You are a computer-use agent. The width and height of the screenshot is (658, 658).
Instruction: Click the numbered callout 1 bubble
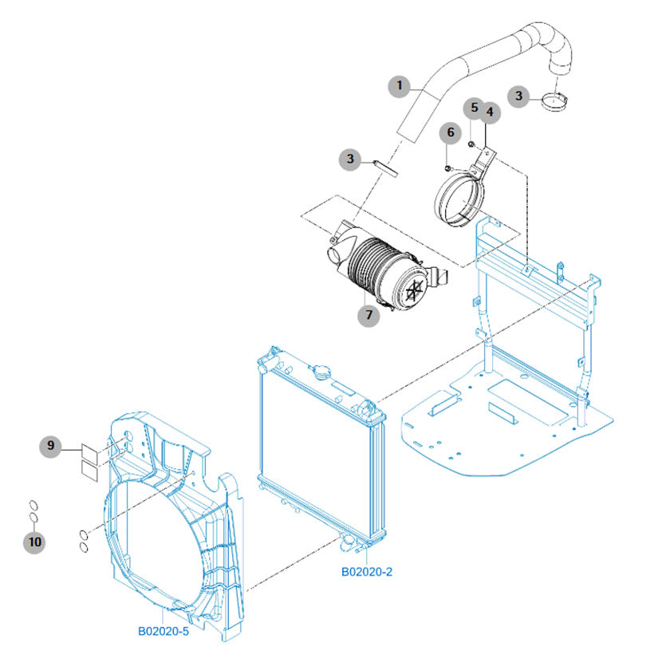click(x=400, y=86)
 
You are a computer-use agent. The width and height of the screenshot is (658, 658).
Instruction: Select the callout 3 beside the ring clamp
click(x=519, y=96)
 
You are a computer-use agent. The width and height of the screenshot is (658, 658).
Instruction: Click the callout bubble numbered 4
click(x=489, y=113)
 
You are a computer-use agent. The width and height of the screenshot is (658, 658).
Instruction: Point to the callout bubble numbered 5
click(x=473, y=107)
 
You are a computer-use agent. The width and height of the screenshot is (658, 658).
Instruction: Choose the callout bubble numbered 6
click(x=449, y=132)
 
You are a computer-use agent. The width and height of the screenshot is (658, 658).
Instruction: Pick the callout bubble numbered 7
click(x=368, y=314)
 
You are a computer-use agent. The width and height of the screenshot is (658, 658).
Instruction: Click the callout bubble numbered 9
click(x=51, y=446)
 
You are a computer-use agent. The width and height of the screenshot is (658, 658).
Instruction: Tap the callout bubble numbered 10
click(x=33, y=542)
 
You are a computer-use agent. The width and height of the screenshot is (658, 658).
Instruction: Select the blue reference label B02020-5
click(x=163, y=631)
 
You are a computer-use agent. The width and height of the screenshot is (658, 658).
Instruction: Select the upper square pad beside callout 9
click(x=89, y=452)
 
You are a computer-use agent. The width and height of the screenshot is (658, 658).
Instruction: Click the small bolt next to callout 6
click(x=449, y=167)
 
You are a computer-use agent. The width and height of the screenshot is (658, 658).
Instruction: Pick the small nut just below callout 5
click(x=472, y=144)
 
